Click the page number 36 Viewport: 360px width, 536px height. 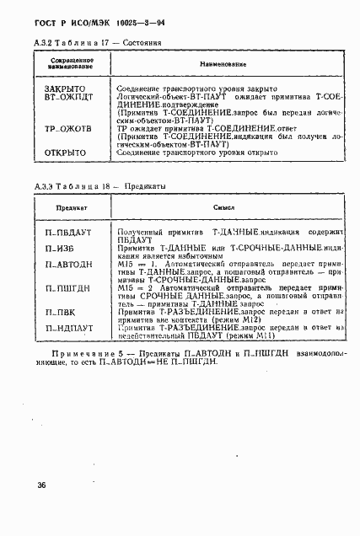[40, 485]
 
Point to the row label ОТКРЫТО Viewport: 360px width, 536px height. [65, 153]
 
